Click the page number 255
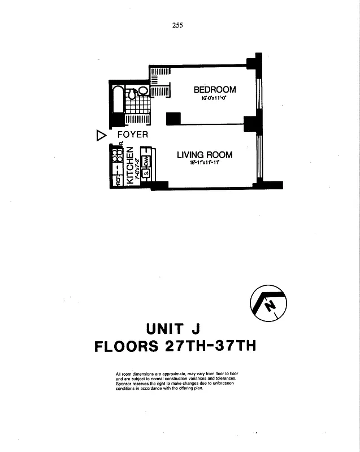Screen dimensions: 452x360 click(178, 24)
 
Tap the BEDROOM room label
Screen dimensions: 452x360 click(215, 89)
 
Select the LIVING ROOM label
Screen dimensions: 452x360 click(204, 155)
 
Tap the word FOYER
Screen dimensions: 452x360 click(133, 134)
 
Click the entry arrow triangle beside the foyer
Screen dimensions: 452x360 click(101, 135)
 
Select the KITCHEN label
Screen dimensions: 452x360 click(130, 166)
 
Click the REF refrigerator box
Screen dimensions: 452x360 click(118, 180)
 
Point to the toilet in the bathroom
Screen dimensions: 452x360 click(131, 95)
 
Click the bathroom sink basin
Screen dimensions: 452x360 click(144, 90)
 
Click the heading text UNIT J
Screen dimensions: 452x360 click(174, 328)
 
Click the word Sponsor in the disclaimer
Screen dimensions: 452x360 click(127, 384)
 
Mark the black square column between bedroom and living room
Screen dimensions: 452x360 click(173, 119)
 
